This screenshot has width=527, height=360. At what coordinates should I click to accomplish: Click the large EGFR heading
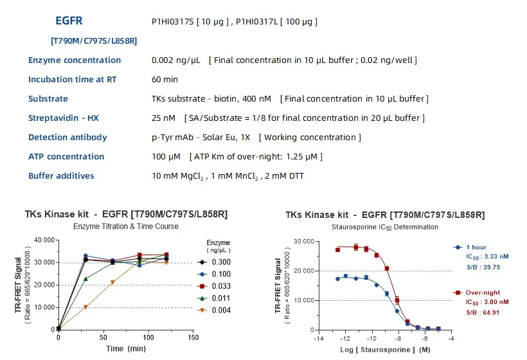point(69,21)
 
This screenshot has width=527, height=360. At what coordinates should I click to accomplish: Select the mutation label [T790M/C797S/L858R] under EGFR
point(94,40)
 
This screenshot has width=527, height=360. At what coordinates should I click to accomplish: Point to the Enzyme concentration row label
point(75,60)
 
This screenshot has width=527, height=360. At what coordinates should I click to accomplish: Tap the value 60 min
point(165,80)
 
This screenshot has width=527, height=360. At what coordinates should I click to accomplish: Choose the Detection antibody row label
point(67,138)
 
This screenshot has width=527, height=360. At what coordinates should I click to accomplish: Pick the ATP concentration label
point(66,157)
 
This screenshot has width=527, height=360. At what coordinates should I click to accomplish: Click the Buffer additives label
point(61,176)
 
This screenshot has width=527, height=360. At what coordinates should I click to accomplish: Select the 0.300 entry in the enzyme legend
point(220,262)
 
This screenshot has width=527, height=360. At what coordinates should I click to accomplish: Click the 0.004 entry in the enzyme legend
point(220,311)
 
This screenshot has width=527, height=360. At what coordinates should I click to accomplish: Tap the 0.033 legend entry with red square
point(220,287)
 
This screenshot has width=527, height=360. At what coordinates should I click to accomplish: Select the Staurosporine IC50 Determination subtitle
point(385,227)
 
